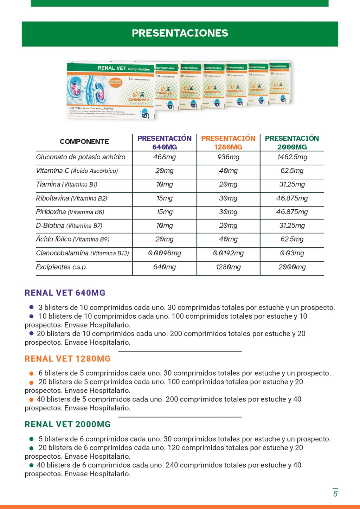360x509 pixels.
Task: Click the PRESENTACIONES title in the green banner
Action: click(180, 33)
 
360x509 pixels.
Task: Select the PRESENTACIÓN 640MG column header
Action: click(165, 142)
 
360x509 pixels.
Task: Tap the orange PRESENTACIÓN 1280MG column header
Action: click(228, 142)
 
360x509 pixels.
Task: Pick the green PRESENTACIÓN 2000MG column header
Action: click(292, 142)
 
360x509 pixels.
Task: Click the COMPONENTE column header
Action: click(84, 141)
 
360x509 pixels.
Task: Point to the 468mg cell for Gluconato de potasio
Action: click(165, 157)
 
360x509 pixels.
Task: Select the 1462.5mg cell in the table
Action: click(292, 157)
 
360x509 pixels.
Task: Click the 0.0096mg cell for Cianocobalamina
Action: click(165, 253)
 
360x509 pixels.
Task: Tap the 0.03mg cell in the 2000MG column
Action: click(292, 253)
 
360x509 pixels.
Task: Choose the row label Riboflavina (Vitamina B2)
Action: click(71, 198)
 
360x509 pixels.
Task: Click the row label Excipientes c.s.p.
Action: click(61, 267)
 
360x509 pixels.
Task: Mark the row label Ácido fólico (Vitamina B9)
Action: click(72, 239)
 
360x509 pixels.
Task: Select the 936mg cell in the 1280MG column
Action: click(228, 157)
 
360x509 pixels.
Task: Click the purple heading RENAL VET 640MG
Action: click(65, 293)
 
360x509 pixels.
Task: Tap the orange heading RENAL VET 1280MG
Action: click(67, 359)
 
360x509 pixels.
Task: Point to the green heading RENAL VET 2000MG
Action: click(67, 425)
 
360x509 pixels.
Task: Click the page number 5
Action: click(335, 494)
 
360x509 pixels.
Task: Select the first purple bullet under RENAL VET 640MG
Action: click(31, 307)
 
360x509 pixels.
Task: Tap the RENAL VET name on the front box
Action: click(112, 68)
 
